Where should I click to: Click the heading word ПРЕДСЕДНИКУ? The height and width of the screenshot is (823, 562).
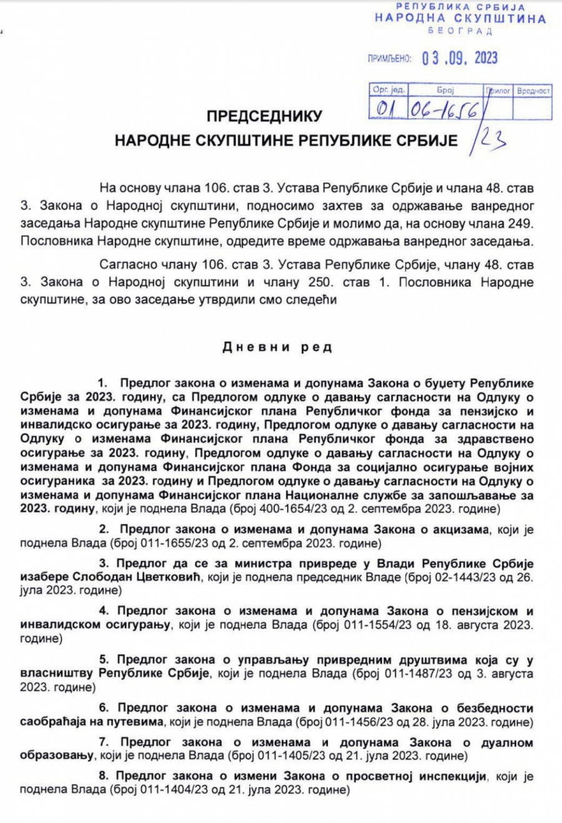264,116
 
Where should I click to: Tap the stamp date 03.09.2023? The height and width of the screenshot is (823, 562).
460,58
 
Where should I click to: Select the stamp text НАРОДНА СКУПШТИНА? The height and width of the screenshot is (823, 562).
460,18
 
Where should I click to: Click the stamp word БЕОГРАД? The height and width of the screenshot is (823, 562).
460,31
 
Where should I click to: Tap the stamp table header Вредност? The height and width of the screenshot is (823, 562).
533,91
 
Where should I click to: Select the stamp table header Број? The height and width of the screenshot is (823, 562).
445,91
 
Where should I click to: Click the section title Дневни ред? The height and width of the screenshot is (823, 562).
277,347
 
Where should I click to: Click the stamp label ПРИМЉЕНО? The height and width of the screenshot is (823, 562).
390,59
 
